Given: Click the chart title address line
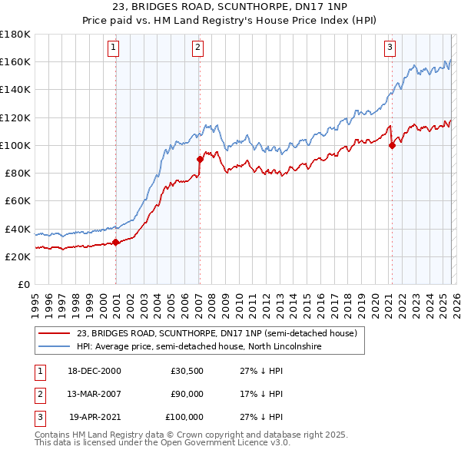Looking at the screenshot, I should coord(230,7).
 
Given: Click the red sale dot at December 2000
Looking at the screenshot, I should coord(116,242).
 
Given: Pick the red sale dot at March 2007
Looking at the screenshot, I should coord(200,160).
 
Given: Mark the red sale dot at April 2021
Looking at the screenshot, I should coord(392,145).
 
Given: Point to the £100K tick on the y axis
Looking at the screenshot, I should coord(15,145).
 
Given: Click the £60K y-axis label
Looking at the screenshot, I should coord(18,200).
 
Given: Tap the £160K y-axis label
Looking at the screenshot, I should coord(15,61).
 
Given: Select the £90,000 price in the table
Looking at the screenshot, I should coord(187,394).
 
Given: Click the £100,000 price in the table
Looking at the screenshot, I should coord(184,417).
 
